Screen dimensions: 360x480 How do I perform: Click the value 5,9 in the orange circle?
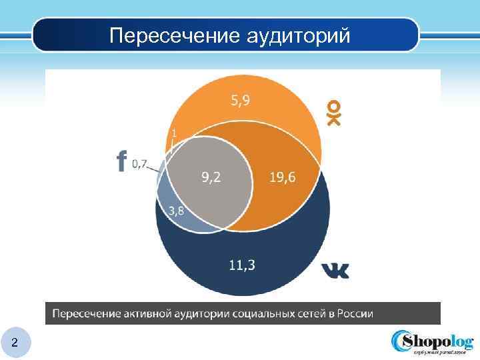click(x=241, y=101)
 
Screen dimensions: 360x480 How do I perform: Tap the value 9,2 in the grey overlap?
click(x=212, y=177)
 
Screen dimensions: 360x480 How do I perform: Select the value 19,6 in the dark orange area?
click(x=283, y=177)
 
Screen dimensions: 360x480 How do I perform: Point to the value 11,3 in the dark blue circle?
click(x=241, y=265)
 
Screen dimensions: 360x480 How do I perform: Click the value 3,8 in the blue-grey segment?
click(x=177, y=211)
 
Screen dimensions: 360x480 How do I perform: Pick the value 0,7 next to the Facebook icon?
click(x=140, y=163)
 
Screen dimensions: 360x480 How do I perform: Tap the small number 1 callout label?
click(x=175, y=133)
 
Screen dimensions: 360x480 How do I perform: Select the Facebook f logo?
click(x=121, y=161)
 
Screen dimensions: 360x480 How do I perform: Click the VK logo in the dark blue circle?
click(x=335, y=270)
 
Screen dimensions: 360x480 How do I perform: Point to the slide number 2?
click(x=15, y=343)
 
